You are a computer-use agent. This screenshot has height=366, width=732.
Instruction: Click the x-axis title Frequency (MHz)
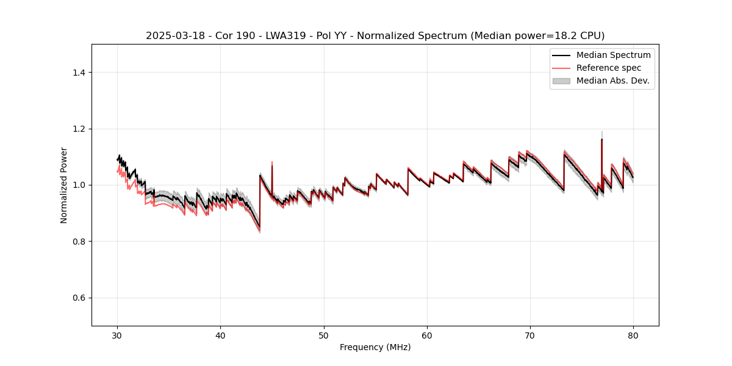pos(375,347)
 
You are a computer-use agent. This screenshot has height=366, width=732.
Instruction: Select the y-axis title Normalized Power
pos(64,185)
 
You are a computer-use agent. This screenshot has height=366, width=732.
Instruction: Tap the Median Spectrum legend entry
pos(613,55)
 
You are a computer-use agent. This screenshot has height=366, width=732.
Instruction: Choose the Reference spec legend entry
pos(609,68)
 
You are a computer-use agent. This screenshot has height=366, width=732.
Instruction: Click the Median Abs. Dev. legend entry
pos(612,81)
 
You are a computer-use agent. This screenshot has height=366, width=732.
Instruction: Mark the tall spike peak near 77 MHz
pos(601,140)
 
